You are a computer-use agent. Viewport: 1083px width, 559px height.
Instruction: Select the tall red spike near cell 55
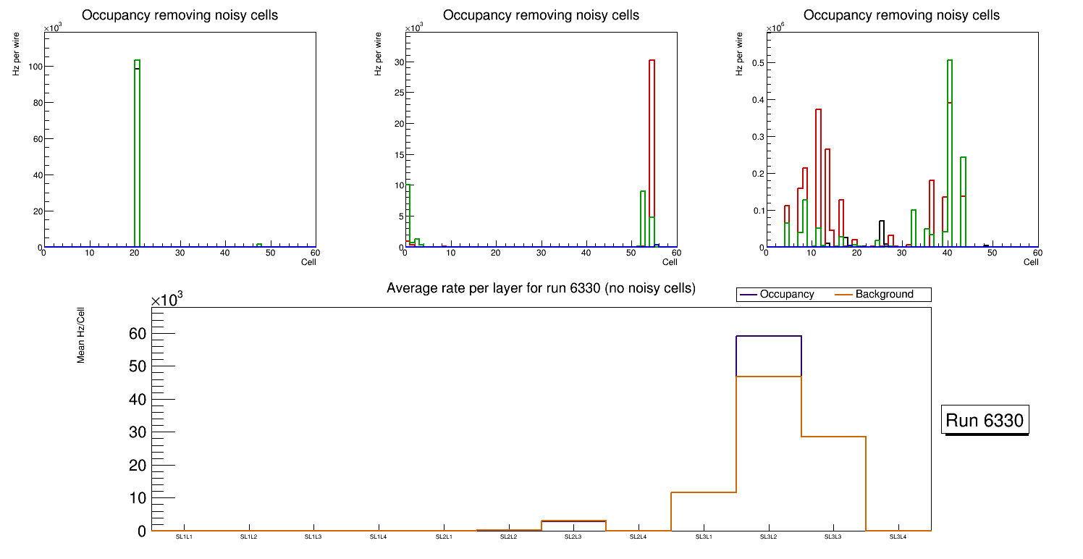[652, 145]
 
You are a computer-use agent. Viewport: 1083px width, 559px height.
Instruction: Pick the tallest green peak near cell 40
[949, 145]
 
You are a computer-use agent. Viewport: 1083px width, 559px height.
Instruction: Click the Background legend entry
[884, 295]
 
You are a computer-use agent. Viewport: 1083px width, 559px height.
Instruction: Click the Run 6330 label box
[985, 421]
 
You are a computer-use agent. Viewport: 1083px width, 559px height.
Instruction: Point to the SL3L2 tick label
[767, 537]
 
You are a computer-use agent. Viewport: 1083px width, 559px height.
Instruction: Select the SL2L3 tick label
[573, 537]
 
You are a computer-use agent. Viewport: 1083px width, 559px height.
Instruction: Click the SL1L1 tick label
[184, 537]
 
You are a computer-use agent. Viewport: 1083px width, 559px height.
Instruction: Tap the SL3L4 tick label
[897, 537]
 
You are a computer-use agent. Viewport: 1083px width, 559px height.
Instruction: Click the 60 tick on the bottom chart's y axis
[138, 334]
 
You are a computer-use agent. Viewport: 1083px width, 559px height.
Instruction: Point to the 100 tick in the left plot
[33, 67]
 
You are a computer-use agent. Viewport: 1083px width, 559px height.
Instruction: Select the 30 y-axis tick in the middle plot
[398, 62]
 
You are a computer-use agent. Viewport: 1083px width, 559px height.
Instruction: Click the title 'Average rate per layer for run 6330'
[541, 288]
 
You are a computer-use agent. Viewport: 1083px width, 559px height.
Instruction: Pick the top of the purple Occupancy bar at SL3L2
[768, 336]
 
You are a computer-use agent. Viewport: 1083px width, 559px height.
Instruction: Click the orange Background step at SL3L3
[833, 437]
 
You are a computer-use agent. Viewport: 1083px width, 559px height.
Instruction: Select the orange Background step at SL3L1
[703, 492]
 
